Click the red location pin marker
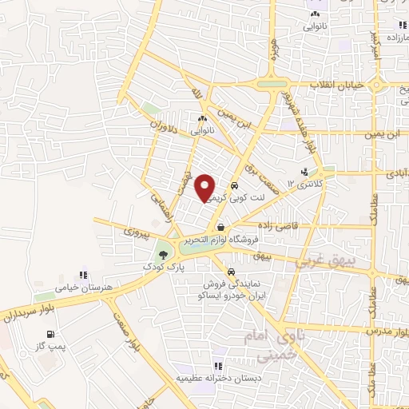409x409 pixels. pos(205,188)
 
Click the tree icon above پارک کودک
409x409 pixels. pos(163,254)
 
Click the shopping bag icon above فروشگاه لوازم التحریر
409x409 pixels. pos(220,228)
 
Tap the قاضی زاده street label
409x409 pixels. pos(276,227)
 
